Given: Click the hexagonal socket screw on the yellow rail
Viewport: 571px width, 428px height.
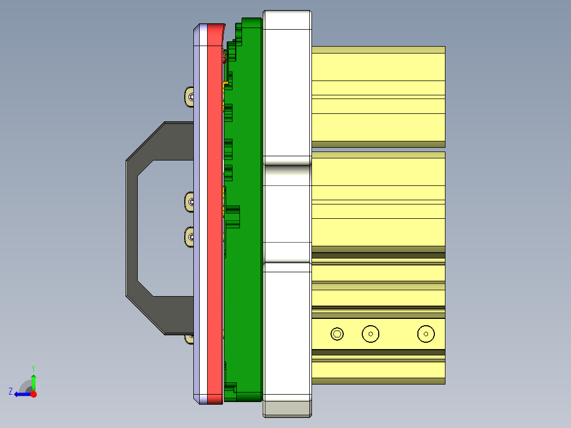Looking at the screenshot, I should point(337,334).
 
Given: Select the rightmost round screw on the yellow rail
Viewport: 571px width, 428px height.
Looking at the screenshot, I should point(426,334).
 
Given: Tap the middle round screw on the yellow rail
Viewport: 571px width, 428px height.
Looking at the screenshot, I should point(371,334).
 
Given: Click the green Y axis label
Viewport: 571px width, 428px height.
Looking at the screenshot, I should point(33,368).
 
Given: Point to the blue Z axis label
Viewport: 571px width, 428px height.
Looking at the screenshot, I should point(11,391).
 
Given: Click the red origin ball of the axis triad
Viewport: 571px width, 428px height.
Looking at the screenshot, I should point(33,394).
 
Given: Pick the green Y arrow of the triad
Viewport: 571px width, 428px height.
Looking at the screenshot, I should point(33,381).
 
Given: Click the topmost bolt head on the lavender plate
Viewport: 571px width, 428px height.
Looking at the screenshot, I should point(190,96).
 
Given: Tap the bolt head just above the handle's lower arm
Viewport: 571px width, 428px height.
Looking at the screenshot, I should point(190,236).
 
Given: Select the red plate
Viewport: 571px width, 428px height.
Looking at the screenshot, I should point(215,212).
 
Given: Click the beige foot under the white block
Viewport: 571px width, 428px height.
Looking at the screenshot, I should point(287,408).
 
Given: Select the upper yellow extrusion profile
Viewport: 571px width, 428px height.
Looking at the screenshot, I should point(378,95).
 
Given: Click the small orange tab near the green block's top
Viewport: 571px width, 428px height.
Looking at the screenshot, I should point(227,84).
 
